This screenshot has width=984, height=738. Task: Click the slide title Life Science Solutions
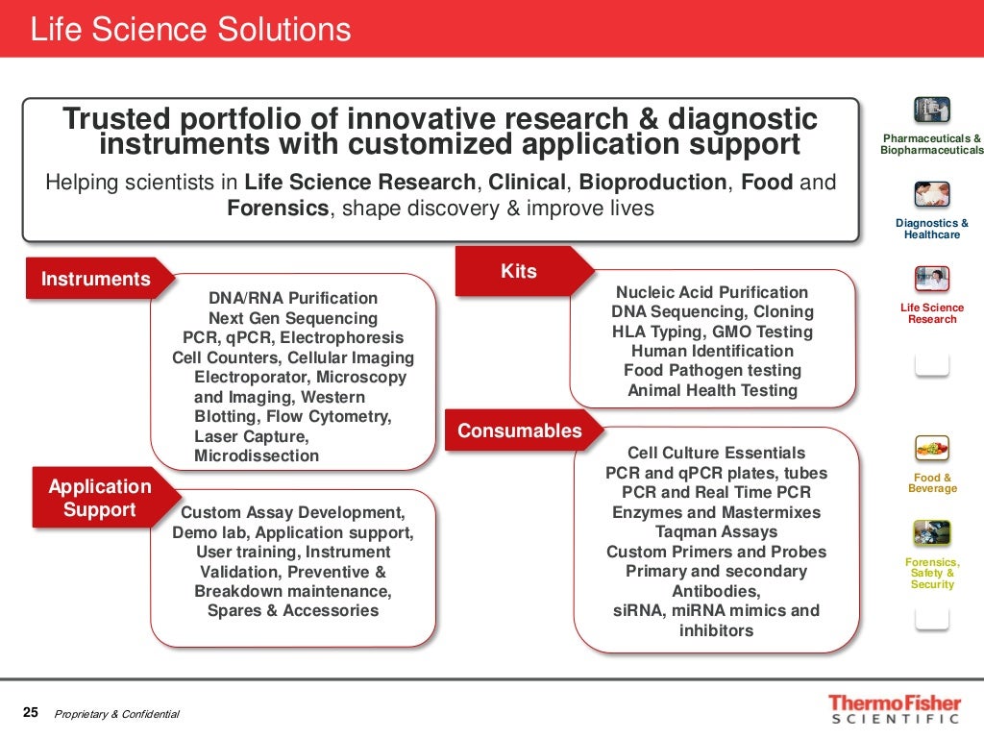pos(190,30)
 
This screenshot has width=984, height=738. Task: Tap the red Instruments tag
pos(96,279)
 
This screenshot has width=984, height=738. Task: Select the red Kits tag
pos(519,272)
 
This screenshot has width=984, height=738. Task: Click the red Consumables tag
pos(520,430)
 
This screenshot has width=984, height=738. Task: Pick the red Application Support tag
pos(100,498)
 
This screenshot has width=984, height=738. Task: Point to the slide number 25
pos(31,713)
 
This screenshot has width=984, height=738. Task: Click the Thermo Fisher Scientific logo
pos(894,708)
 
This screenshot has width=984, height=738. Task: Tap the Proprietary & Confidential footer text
pos(117,714)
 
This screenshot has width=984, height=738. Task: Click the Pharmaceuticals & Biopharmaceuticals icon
pos(932,110)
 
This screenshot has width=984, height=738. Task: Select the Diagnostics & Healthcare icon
pos(932,194)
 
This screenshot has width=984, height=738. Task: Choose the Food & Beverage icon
pos(932,448)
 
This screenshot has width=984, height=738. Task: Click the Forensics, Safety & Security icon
pos(932,532)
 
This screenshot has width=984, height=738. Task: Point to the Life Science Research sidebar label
pos(932,313)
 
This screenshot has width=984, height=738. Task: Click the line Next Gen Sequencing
pos(293,318)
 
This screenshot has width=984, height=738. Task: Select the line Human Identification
pos(712,351)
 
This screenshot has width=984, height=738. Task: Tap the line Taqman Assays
pos(717,531)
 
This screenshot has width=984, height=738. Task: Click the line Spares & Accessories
pos(293,610)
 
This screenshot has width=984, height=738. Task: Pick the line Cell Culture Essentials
pos(717,453)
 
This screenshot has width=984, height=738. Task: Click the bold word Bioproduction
pos(652,183)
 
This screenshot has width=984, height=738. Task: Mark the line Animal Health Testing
pos(712,390)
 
